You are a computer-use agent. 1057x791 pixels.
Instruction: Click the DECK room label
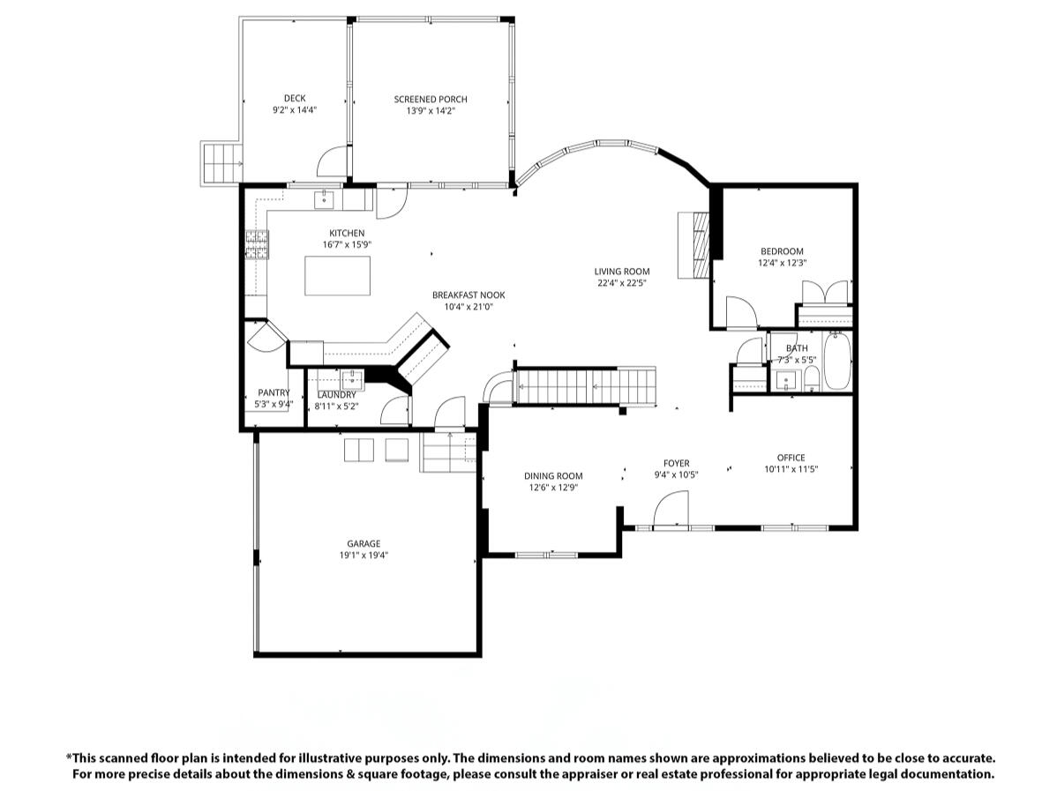point(295,99)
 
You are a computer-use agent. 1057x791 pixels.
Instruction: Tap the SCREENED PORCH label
point(431,99)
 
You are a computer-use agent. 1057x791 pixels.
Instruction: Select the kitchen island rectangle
point(337,275)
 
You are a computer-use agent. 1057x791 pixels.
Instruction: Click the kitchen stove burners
point(257,244)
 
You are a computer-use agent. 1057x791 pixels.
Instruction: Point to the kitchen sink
point(324,200)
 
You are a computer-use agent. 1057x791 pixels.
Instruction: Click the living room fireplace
point(694,245)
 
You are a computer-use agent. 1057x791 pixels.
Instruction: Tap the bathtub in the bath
point(837,362)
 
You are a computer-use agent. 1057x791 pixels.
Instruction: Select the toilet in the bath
point(811,378)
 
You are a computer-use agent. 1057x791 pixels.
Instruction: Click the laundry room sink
point(352,380)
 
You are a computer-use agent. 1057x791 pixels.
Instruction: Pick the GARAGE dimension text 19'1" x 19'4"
point(364,556)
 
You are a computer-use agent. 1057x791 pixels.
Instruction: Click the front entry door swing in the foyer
point(671,508)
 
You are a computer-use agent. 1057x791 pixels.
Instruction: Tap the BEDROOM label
point(782,251)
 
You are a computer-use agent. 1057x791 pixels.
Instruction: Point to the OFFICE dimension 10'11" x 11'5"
point(791,469)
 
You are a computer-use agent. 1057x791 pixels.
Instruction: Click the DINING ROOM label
point(553,475)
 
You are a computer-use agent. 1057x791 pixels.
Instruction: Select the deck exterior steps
point(221,163)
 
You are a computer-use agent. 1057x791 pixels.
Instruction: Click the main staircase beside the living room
point(585,386)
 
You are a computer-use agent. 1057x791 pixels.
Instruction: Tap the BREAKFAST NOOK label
point(469,295)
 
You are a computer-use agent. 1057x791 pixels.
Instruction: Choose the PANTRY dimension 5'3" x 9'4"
point(274,404)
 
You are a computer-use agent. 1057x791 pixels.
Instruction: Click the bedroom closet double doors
point(825,293)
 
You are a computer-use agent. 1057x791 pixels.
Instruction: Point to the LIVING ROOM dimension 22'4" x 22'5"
point(622,283)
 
